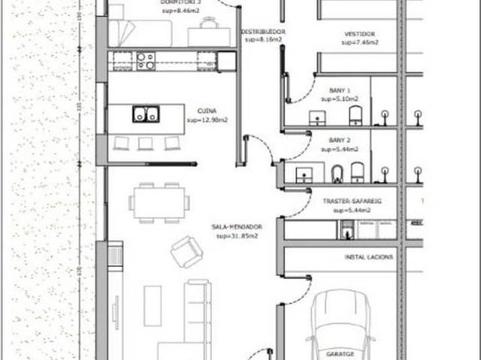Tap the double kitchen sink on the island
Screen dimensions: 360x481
coord(145,114)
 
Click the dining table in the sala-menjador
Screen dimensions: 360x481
coord(158,202)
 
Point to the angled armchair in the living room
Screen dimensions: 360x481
coord(186,251)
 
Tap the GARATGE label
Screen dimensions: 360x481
coord(340,352)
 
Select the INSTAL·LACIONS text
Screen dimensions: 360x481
coord(368,257)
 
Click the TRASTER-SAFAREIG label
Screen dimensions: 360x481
coord(352,202)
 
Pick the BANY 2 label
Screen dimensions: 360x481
coord(340,141)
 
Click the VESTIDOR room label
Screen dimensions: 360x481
coord(359,34)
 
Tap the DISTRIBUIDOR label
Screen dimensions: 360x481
coord(262,32)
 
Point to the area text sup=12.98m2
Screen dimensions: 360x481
coord(207,119)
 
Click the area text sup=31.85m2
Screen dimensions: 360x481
coord(237,236)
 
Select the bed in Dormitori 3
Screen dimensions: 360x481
coord(141,33)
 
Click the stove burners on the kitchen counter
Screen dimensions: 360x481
coord(145,60)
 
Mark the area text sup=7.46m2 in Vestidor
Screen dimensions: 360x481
coord(359,43)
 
